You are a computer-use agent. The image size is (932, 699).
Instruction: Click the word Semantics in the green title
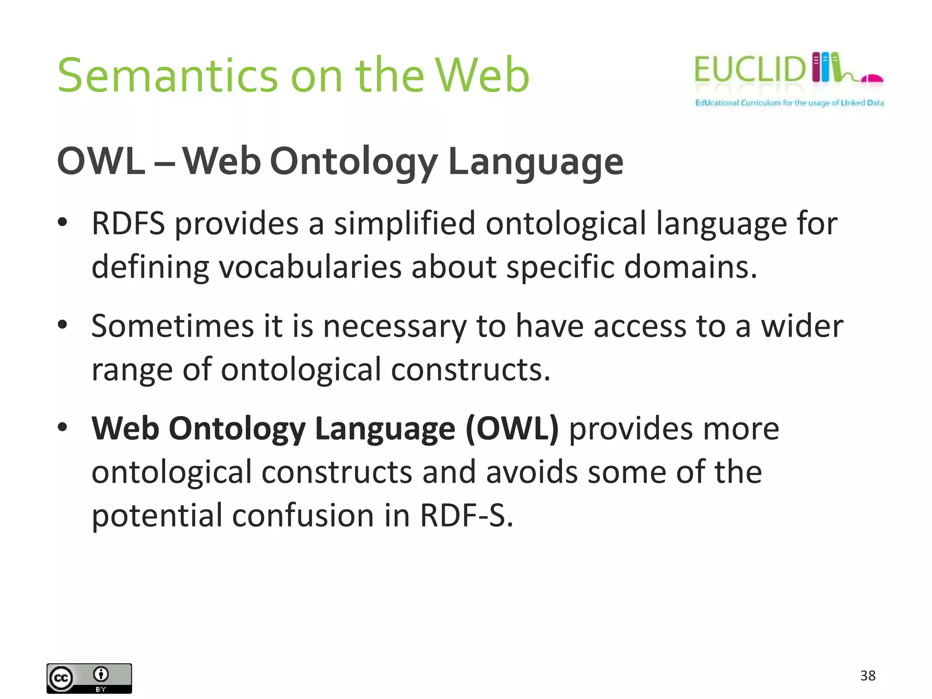(167, 76)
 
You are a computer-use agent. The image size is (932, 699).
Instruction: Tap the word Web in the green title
(482, 76)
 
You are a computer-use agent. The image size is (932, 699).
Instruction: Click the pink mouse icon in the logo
(871, 79)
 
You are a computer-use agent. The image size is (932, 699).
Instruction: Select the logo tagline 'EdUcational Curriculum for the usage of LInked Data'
(789, 103)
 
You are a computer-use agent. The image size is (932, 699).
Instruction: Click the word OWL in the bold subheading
(101, 161)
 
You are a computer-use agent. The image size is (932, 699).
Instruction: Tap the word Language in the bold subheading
(536, 162)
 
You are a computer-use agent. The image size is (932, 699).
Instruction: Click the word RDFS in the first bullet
(128, 223)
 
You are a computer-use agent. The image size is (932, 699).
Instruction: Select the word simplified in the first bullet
(405, 223)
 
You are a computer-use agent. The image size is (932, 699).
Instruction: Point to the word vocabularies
(310, 267)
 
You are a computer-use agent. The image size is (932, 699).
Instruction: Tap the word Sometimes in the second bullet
(172, 326)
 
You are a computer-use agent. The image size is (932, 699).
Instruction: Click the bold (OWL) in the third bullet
(512, 429)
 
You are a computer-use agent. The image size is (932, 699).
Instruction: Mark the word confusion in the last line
(303, 516)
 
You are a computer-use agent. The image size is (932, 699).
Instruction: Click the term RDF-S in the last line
(466, 516)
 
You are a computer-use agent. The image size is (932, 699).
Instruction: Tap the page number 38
(868, 676)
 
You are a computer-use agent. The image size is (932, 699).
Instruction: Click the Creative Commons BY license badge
(89, 678)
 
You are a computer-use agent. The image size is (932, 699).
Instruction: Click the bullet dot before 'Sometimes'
(62, 325)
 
